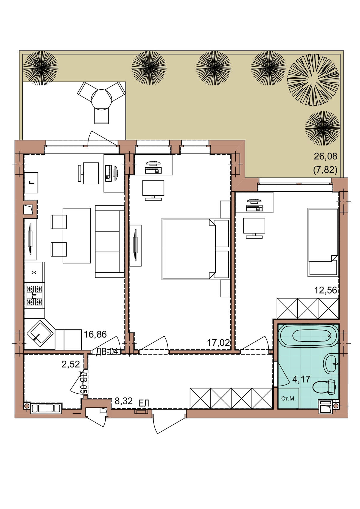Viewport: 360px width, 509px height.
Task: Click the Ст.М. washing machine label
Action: [x=288, y=399]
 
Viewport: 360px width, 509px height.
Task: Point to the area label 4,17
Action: [x=301, y=379]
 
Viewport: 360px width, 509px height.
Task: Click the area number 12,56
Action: [x=325, y=290]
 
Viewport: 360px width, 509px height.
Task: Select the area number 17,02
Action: [x=218, y=343]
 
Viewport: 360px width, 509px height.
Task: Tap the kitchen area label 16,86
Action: [x=95, y=334]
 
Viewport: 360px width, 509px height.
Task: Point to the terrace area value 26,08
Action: [x=325, y=156]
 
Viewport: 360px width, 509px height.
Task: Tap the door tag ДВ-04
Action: [x=107, y=352]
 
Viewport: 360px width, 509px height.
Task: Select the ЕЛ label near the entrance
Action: [x=144, y=403]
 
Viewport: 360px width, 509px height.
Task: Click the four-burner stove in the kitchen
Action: [x=34, y=295]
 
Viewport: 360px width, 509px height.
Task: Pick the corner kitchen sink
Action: [x=40, y=334]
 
